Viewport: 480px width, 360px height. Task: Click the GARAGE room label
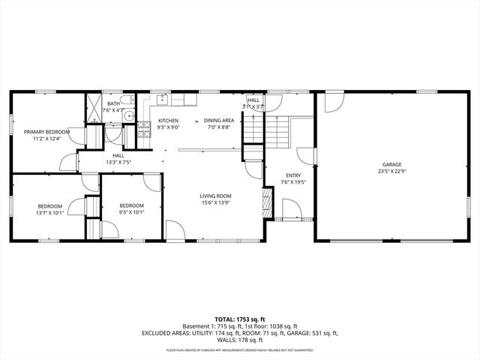point(391,164)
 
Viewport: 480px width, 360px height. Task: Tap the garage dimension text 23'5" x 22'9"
point(391,171)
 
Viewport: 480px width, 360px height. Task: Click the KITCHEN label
point(168,120)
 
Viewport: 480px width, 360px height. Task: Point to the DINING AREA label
point(219,120)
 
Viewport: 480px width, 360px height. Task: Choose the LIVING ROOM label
point(214,195)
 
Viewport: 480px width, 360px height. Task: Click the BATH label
point(113,103)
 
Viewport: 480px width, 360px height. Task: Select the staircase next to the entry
point(279,133)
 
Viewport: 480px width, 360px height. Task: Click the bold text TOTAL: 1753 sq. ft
point(239,319)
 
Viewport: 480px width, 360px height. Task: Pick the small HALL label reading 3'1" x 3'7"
point(253,106)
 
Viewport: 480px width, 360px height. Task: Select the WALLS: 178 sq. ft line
point(239,339)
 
